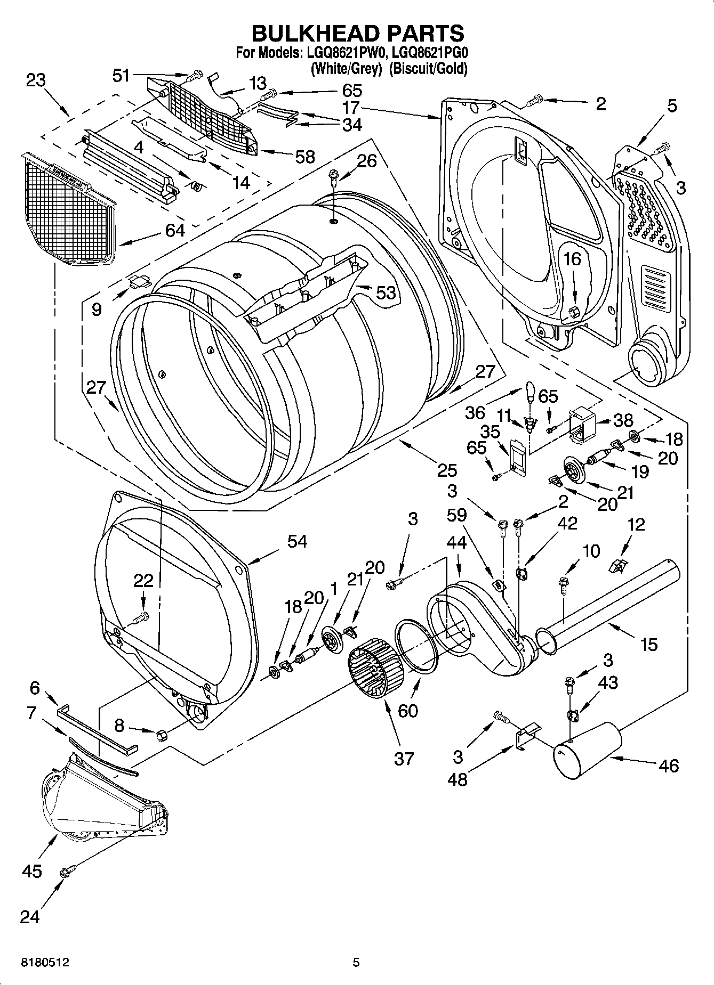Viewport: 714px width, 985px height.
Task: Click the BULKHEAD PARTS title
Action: (357, 33)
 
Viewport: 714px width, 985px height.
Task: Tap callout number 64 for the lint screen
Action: (175, 230)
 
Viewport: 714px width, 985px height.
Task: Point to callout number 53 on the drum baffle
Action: (386, 292)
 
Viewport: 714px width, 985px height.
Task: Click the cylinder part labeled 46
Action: (589, 750)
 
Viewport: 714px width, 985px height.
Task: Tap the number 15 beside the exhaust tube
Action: (648, 645)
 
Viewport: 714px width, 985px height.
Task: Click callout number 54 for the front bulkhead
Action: (297, 541)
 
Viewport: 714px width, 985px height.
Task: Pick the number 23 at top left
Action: (36, 80)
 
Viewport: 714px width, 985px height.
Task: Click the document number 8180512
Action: (45, 963)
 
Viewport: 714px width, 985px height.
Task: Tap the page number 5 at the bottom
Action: (356, 963)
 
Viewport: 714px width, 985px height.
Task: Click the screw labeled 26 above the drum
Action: (333, 176)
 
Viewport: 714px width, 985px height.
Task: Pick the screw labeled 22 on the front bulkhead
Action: (142, 618)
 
